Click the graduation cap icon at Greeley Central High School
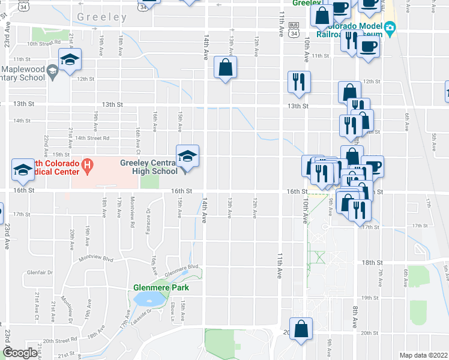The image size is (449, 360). tap(187, 157)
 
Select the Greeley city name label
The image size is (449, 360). tap(102, 18)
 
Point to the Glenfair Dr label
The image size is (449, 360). tap(40, 272)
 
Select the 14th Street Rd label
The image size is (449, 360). tap(92, 137)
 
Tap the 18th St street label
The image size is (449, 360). tap(372, 263)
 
